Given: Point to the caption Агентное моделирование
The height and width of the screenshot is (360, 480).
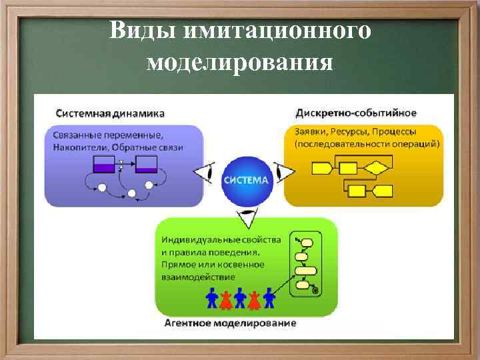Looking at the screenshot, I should click(x=230, y=324).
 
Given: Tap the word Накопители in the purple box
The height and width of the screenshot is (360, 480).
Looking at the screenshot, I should click(x=78, y=147).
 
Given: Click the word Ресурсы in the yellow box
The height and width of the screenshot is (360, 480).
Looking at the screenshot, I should click(x=348, y=132).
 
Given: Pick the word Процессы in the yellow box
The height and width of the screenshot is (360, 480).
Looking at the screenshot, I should click(x=395, y=132).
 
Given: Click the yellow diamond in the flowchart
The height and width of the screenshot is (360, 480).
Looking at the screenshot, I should click(x=377, y=167).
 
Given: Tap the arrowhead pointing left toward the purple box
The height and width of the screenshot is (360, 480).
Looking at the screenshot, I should click(x=204, y=173).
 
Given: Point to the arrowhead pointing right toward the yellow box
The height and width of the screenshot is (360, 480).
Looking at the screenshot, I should click(x=285, y=173).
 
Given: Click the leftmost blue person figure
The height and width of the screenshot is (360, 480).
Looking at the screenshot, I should click(x=212, y=298).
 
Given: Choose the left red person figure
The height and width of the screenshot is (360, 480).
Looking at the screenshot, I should click(x=226, y=299).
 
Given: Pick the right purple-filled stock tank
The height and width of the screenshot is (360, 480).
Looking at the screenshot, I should click(x=146, y=164).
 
